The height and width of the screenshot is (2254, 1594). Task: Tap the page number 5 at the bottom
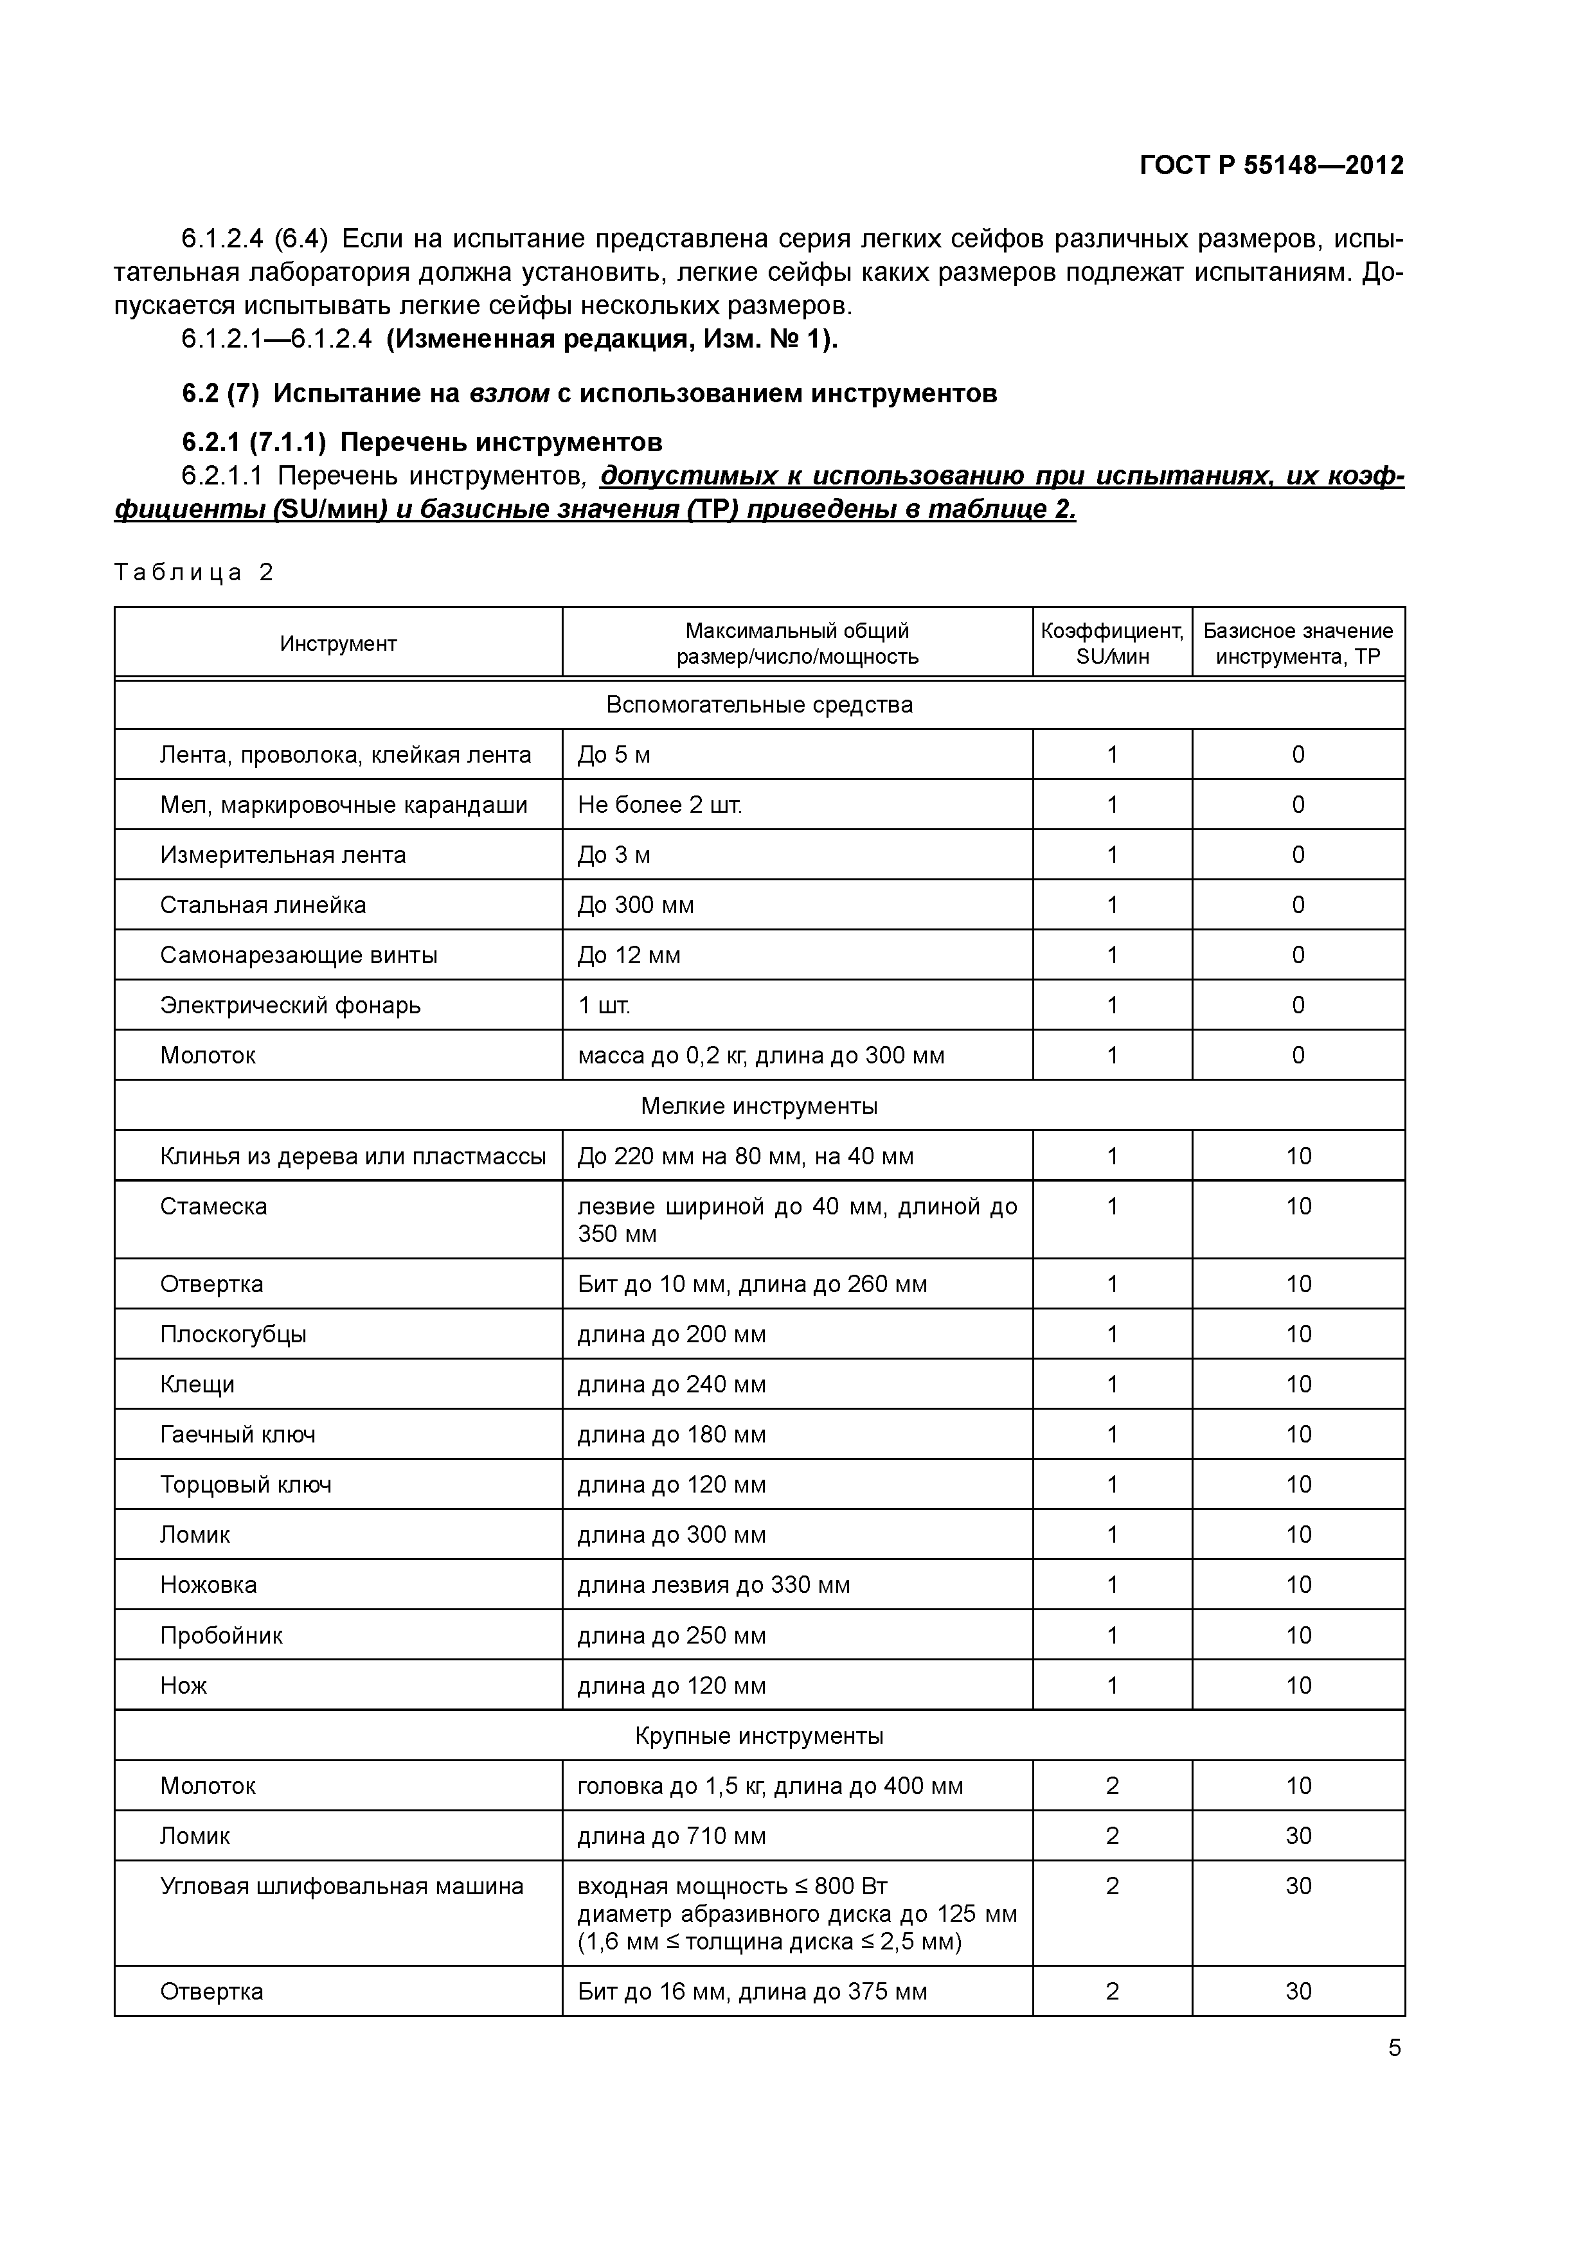pyautogui.click(x=1395, y=2048)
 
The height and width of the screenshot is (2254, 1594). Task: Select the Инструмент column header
pyautogui.click(x=338, y=644)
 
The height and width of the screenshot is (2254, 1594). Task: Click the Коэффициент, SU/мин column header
pyautogui.click(x=1112, y=644)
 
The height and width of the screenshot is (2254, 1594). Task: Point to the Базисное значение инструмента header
pyautogui.click(x=1298, y=644)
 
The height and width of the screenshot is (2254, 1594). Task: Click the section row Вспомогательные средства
pyautogui.click(x=759, y=705)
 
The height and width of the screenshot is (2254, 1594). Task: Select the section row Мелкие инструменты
pyautogui.click(x=759, y=1106)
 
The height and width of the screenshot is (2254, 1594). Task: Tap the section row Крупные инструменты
pyautogui.click(x=759, y=1735)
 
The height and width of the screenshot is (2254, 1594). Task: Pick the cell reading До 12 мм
pyautogui.click(x=629, y=955)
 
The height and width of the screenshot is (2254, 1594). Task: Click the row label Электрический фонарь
pyautogui.click(x=290, y=1006)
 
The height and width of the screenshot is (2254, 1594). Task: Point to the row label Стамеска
pyautogui.click(x=213, y=1207)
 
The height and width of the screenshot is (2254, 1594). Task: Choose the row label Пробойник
pyautogui.click(x=221, y=1635)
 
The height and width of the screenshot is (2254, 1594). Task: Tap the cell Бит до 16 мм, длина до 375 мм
pyautogui.click(x=752, y=1992)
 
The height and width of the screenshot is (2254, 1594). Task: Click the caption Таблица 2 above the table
pyautogui.click(x=193, y=572)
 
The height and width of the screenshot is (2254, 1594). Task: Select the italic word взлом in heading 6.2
pyautogui.click(x=509, y=394)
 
